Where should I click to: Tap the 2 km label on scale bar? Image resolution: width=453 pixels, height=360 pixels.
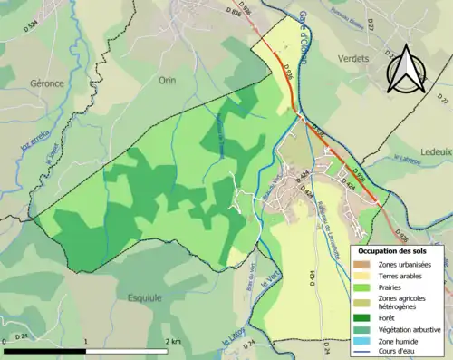pos(172,341)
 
